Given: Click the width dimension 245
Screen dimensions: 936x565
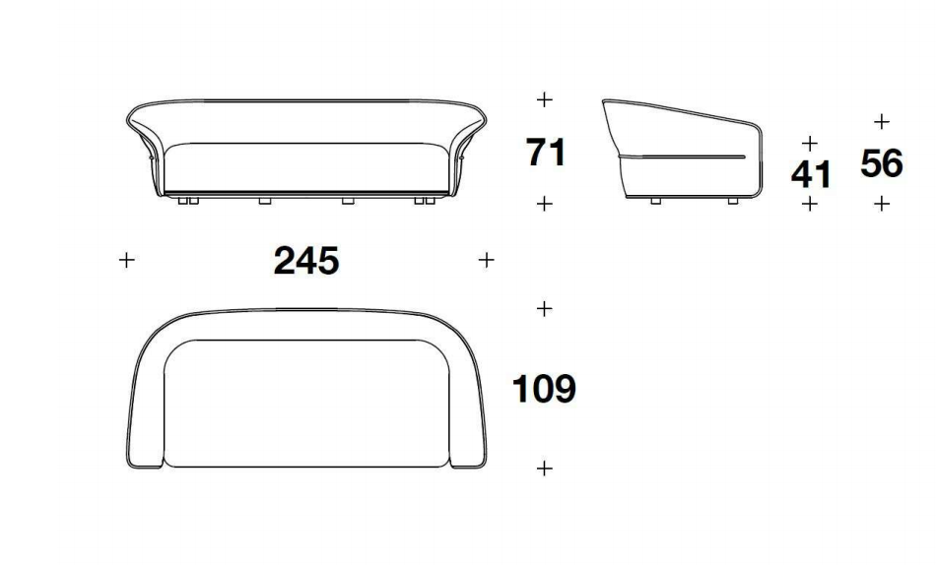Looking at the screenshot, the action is (x=306, y=261).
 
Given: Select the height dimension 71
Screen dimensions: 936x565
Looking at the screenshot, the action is (x=546, y=153).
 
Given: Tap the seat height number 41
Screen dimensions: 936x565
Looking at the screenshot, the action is (x=811, y=175).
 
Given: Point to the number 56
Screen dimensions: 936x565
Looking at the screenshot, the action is (x=882, y=164).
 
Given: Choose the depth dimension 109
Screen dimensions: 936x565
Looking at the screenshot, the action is (x=544, y=389).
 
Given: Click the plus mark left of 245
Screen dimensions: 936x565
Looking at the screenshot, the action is (x=126, y=260).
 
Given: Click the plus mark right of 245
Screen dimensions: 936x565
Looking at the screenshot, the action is (x=487, y=260).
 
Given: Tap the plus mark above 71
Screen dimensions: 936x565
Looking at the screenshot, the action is (x=544, y=99).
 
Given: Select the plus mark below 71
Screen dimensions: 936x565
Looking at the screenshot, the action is (x=544, y=204).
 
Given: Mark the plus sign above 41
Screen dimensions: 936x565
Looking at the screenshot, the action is (x=810, y=143).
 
